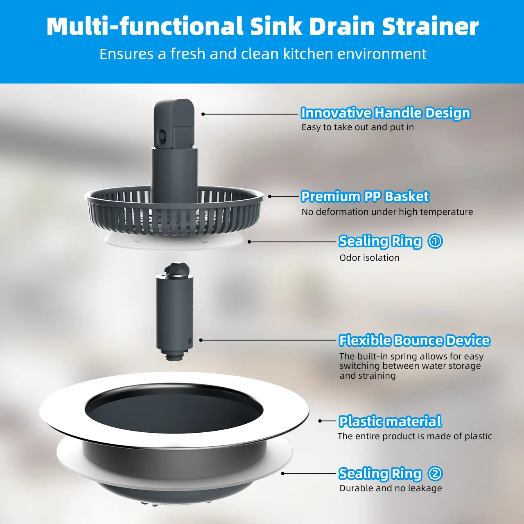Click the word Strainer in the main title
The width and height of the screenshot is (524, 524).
click(430, 26)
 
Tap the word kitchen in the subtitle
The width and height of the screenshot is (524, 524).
click(308, 54)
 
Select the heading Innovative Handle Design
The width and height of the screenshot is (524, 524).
click(385, 113)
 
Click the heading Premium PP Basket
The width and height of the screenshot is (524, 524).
click(365, 196)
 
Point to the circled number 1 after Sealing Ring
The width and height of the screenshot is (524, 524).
click(435, 241)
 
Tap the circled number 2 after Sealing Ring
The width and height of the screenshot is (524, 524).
click(435, 474)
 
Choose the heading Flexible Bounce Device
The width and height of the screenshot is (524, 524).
click(414, 341)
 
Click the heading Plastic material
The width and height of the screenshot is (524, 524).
click(390, 422)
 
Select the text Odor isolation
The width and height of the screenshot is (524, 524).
click(369, 258)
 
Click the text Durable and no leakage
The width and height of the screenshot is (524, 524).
click(391, 488)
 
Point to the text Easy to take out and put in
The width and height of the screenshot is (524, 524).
click(357, 127)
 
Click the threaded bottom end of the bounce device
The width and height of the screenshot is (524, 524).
click(173, 355)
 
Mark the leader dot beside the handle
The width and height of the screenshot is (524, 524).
click(203, 114)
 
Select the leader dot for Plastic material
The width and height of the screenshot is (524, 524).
click(320, 421)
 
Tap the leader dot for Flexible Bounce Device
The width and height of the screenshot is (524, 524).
click(201, 340)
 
